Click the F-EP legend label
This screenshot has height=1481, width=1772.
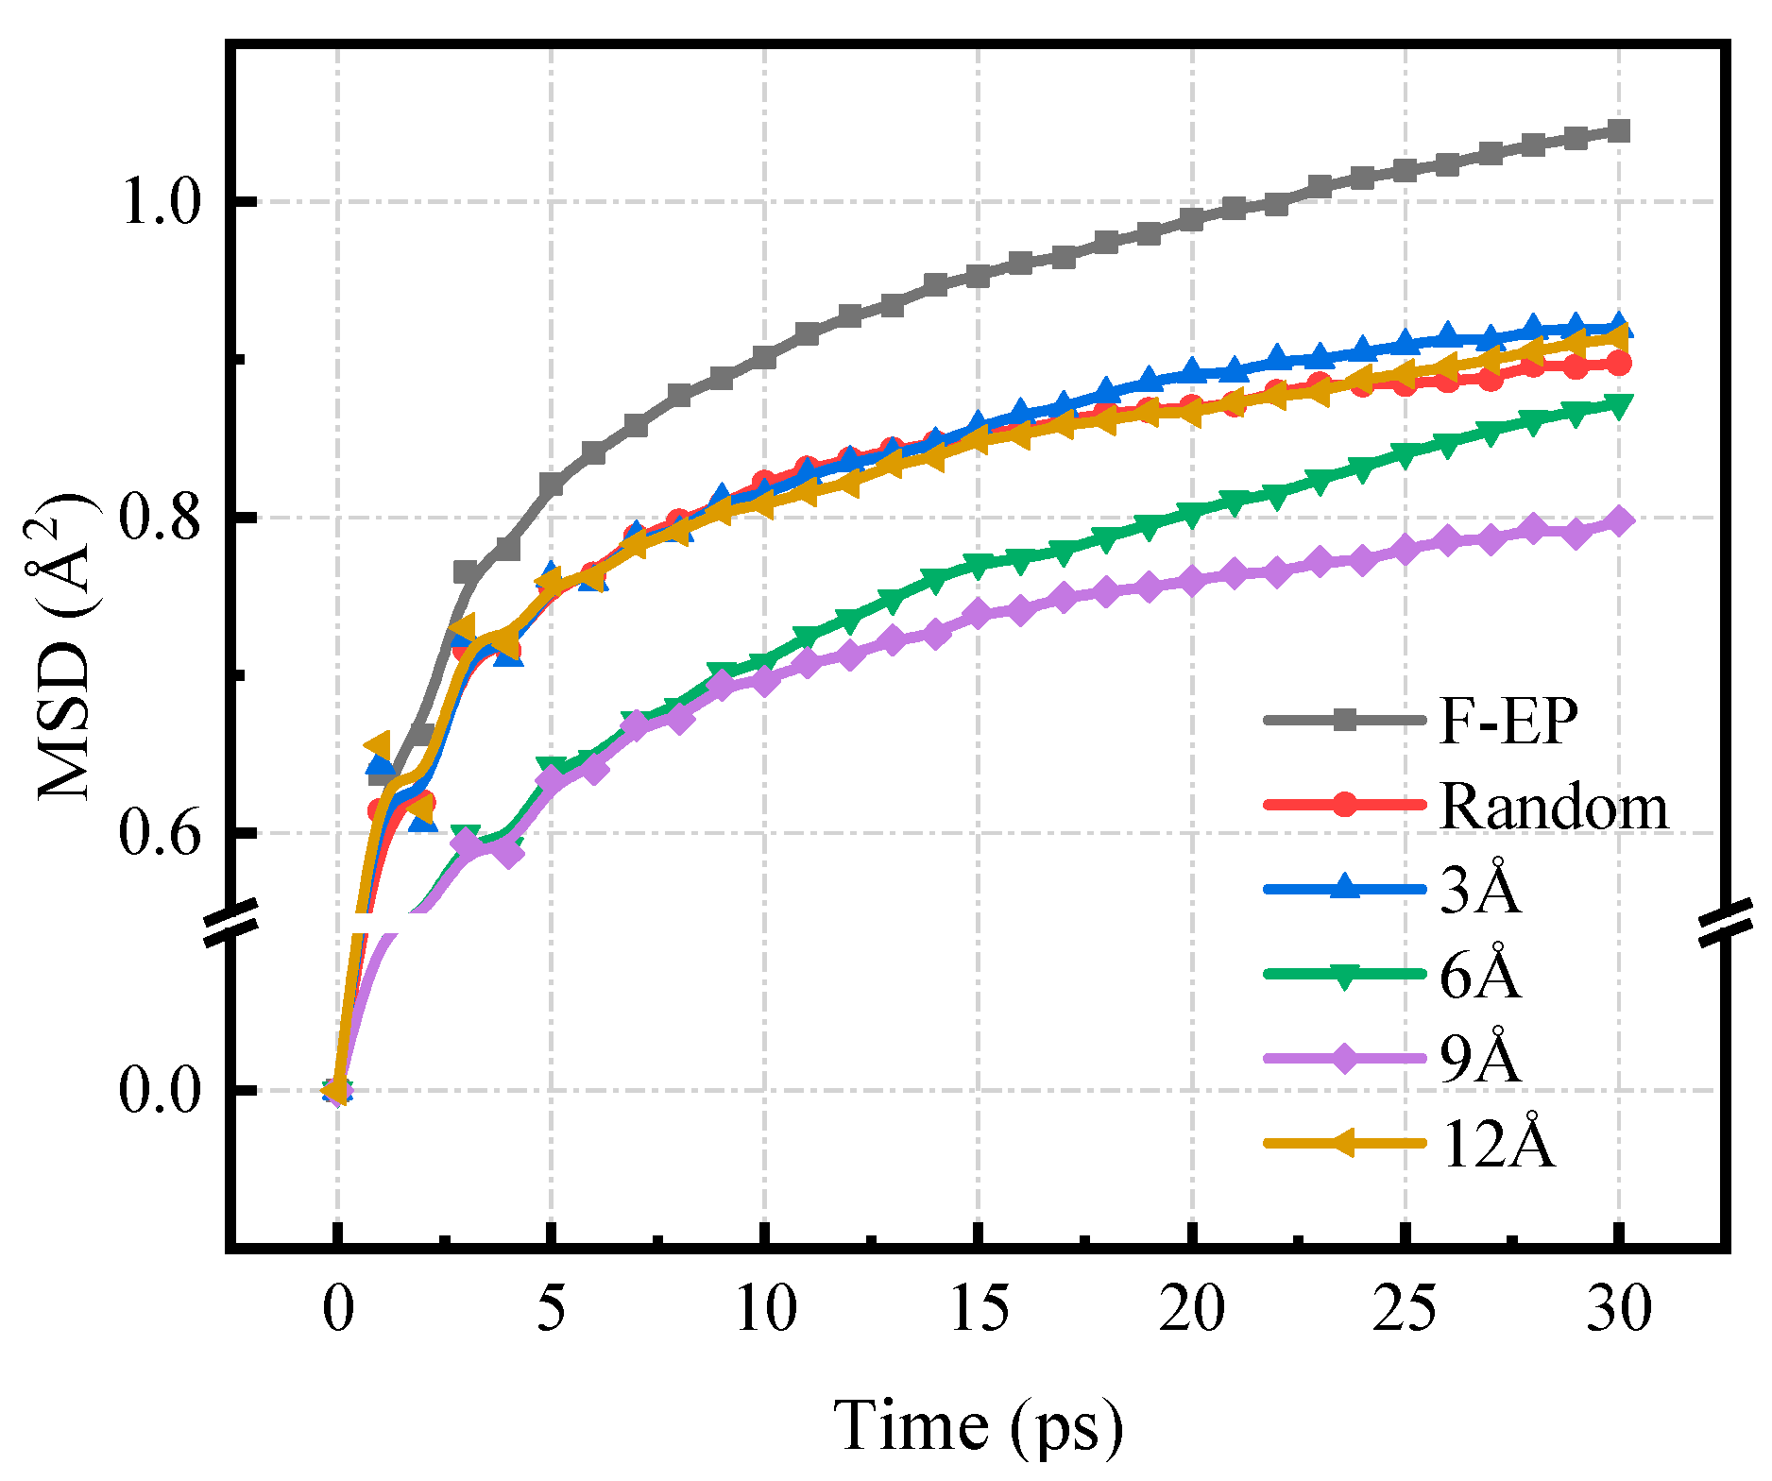(1508, 722)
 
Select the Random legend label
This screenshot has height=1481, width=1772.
(1554, 808)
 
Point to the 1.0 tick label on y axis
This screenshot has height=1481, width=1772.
(161, 201)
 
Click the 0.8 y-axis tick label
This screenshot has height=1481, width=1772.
(161, 518)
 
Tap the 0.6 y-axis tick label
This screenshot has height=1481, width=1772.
(161, 834)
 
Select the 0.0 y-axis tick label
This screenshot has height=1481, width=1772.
(161, 1091)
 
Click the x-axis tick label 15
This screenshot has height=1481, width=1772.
(979, 1309)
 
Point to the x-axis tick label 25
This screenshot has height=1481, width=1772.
(1406, 1309)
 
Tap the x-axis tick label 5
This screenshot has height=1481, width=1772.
(552, 1309)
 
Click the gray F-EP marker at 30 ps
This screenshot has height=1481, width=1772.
(1619, 130)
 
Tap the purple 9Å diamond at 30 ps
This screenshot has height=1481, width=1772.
(1619, 520)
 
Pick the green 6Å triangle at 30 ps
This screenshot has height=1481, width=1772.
(1619, 406)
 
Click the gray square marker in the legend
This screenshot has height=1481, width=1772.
(1345, 722)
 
